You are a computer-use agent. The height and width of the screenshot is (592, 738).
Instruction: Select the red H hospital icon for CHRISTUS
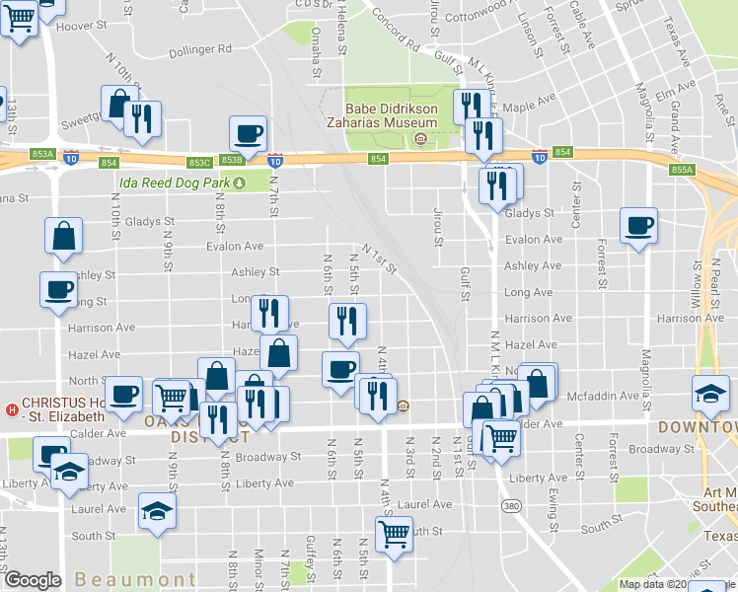tap(13, 410)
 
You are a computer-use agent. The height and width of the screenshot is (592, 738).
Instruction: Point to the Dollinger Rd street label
tap(199, 49)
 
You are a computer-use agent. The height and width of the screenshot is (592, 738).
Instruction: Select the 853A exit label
tap(42, 154)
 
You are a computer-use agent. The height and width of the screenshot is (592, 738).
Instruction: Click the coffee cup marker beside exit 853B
tap(248, 133)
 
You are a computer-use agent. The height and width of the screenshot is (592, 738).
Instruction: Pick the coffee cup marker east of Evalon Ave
tap(638, 225)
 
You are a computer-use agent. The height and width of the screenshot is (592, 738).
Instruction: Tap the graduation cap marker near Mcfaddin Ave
tap(710, 393)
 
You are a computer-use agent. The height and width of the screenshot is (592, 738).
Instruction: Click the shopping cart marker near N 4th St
tap(394, 534)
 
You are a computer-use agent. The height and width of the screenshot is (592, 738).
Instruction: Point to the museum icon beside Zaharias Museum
tap(421, 138)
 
